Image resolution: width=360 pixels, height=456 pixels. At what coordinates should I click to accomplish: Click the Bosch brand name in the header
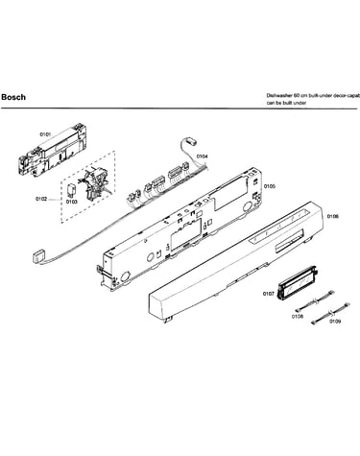(13, 97)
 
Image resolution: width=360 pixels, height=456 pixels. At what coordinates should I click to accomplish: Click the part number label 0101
(45, 134)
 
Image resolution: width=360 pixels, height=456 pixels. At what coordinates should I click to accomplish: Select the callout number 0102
(41, 199)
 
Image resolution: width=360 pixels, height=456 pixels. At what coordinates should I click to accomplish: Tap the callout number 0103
(72, 202)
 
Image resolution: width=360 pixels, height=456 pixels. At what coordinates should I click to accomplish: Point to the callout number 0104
(202, 156)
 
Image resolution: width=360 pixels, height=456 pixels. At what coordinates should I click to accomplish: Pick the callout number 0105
(270, 186)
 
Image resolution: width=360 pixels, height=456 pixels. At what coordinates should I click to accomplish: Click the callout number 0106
(333, 217)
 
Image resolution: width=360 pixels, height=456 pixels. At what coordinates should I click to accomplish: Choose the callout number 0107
(269, 294)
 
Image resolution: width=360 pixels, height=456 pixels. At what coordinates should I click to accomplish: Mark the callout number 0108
(298, 317)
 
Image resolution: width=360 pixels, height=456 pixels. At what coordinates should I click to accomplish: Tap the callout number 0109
(335, 321)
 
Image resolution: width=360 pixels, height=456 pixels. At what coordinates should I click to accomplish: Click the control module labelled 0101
(53, 151)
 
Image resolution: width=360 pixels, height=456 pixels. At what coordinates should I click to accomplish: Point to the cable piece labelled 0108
(315, 300)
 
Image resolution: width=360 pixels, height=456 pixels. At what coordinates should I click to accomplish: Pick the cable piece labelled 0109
(330, 315)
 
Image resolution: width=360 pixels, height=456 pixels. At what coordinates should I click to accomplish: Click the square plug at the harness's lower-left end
(39, 257)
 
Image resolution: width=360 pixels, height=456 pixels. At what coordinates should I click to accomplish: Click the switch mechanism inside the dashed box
(96, 184)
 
